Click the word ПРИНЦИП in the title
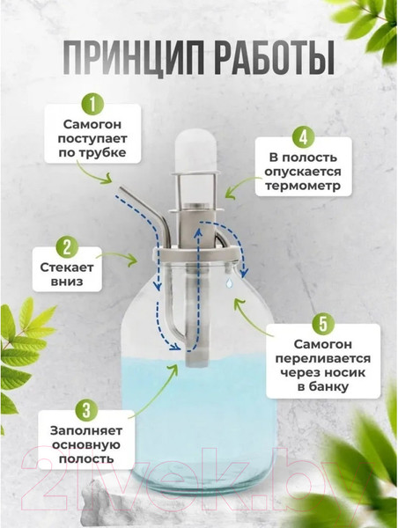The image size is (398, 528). click(134, 57)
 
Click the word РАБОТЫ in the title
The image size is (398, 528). click(274, 57)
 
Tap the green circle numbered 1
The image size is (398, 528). click(92, 104)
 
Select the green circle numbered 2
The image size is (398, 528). click(67, 247)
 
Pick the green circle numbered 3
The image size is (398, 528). click(86, 410)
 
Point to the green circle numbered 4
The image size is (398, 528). click(303, 137)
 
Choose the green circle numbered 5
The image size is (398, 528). click(323, 324)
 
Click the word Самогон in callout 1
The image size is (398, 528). click(92, 124)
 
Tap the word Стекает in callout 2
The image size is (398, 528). click(67, 268)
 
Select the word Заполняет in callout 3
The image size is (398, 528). click(86, 430)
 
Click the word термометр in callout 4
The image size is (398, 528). click(303, 186)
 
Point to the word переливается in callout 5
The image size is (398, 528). click(323, 358)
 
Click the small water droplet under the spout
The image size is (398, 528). click(229, 282)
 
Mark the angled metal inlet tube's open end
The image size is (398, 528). click(122, 189)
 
